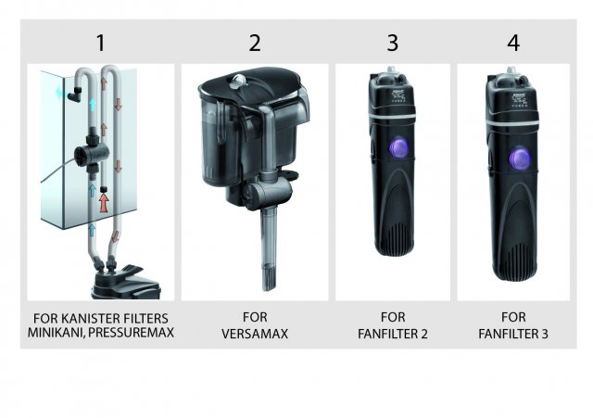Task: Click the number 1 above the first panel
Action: point(101,43)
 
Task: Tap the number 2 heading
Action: point(255,43)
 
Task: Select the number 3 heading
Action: point(393,43)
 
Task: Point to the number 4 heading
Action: point(513,43)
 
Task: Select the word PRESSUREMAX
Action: point(132,333)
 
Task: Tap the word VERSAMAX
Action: point(255,334)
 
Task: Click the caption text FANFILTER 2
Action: point(393,334)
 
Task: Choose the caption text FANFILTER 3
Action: point(513,334)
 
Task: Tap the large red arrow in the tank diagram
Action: point(104,202)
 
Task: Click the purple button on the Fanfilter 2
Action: point(397,148)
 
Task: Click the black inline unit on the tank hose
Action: point(92,152)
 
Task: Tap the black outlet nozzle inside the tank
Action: point(75,94)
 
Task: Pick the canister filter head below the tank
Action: point(125,282)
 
